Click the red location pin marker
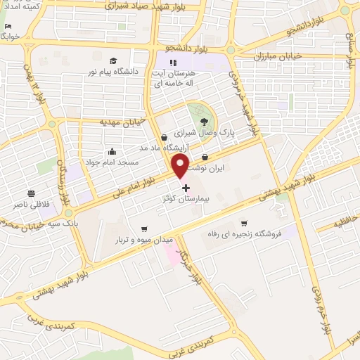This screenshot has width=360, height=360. point(181,166)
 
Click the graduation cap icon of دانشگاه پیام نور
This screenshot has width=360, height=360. point(114,61)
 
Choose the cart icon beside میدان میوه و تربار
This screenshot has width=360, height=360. point(143,229)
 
